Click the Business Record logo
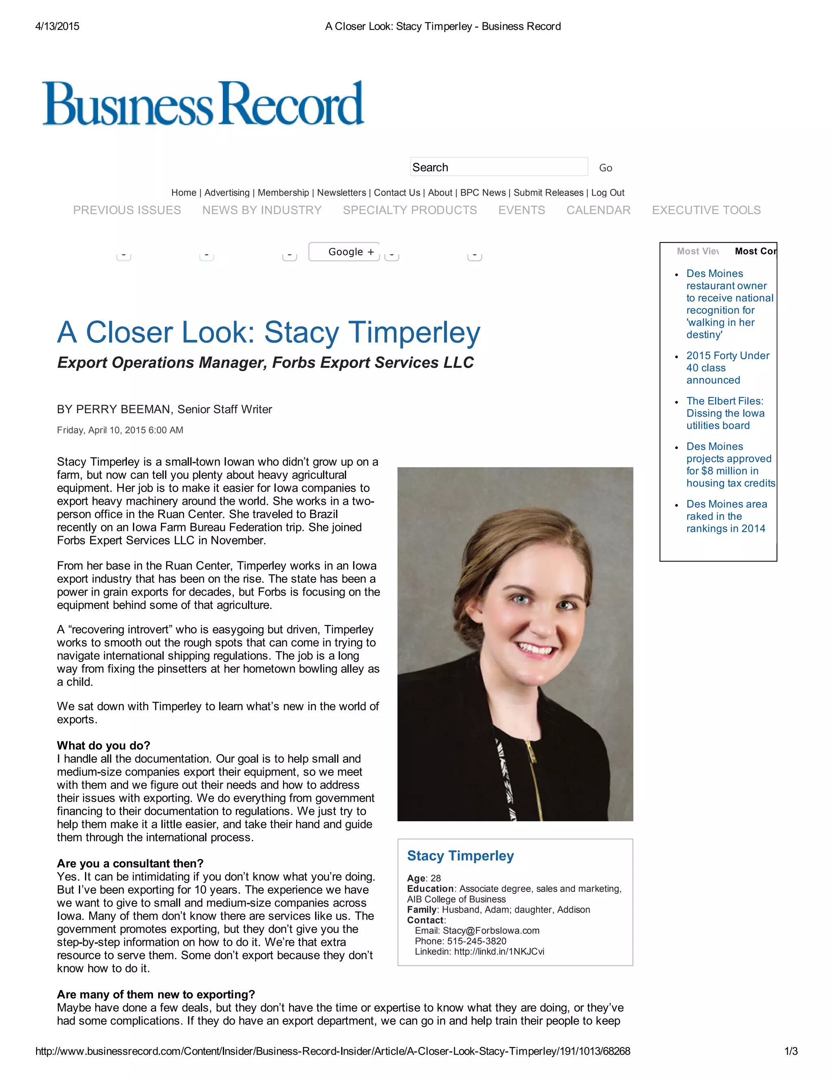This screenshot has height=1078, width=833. click(x=203, y=104)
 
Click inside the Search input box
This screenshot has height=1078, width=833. click(x=498, y=167)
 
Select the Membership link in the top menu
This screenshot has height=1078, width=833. click(x=283, y=192)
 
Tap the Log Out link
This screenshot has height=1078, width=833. click(x=608, y=192)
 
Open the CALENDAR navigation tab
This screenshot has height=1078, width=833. click(x=598, y=210)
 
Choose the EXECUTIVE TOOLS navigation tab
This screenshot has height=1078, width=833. click(x=706, y=210)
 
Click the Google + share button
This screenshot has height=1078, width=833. click(x=345, y=252)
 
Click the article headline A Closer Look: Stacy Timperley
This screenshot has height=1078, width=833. click(x=268, y=332)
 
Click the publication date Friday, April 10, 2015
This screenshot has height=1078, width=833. click(x=120, y=430)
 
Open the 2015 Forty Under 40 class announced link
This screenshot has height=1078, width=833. click(x=727, y=368)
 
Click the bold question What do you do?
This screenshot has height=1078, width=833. click(x=104, y=745)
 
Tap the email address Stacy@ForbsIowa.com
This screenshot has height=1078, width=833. click(x=491, y=930)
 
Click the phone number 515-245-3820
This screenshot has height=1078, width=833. click(x=476, y=941)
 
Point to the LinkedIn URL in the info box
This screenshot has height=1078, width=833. click(x=498, y=951)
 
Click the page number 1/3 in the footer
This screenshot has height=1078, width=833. click(x=791, y=1051)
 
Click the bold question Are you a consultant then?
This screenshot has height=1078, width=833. click(x=130, y=863)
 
